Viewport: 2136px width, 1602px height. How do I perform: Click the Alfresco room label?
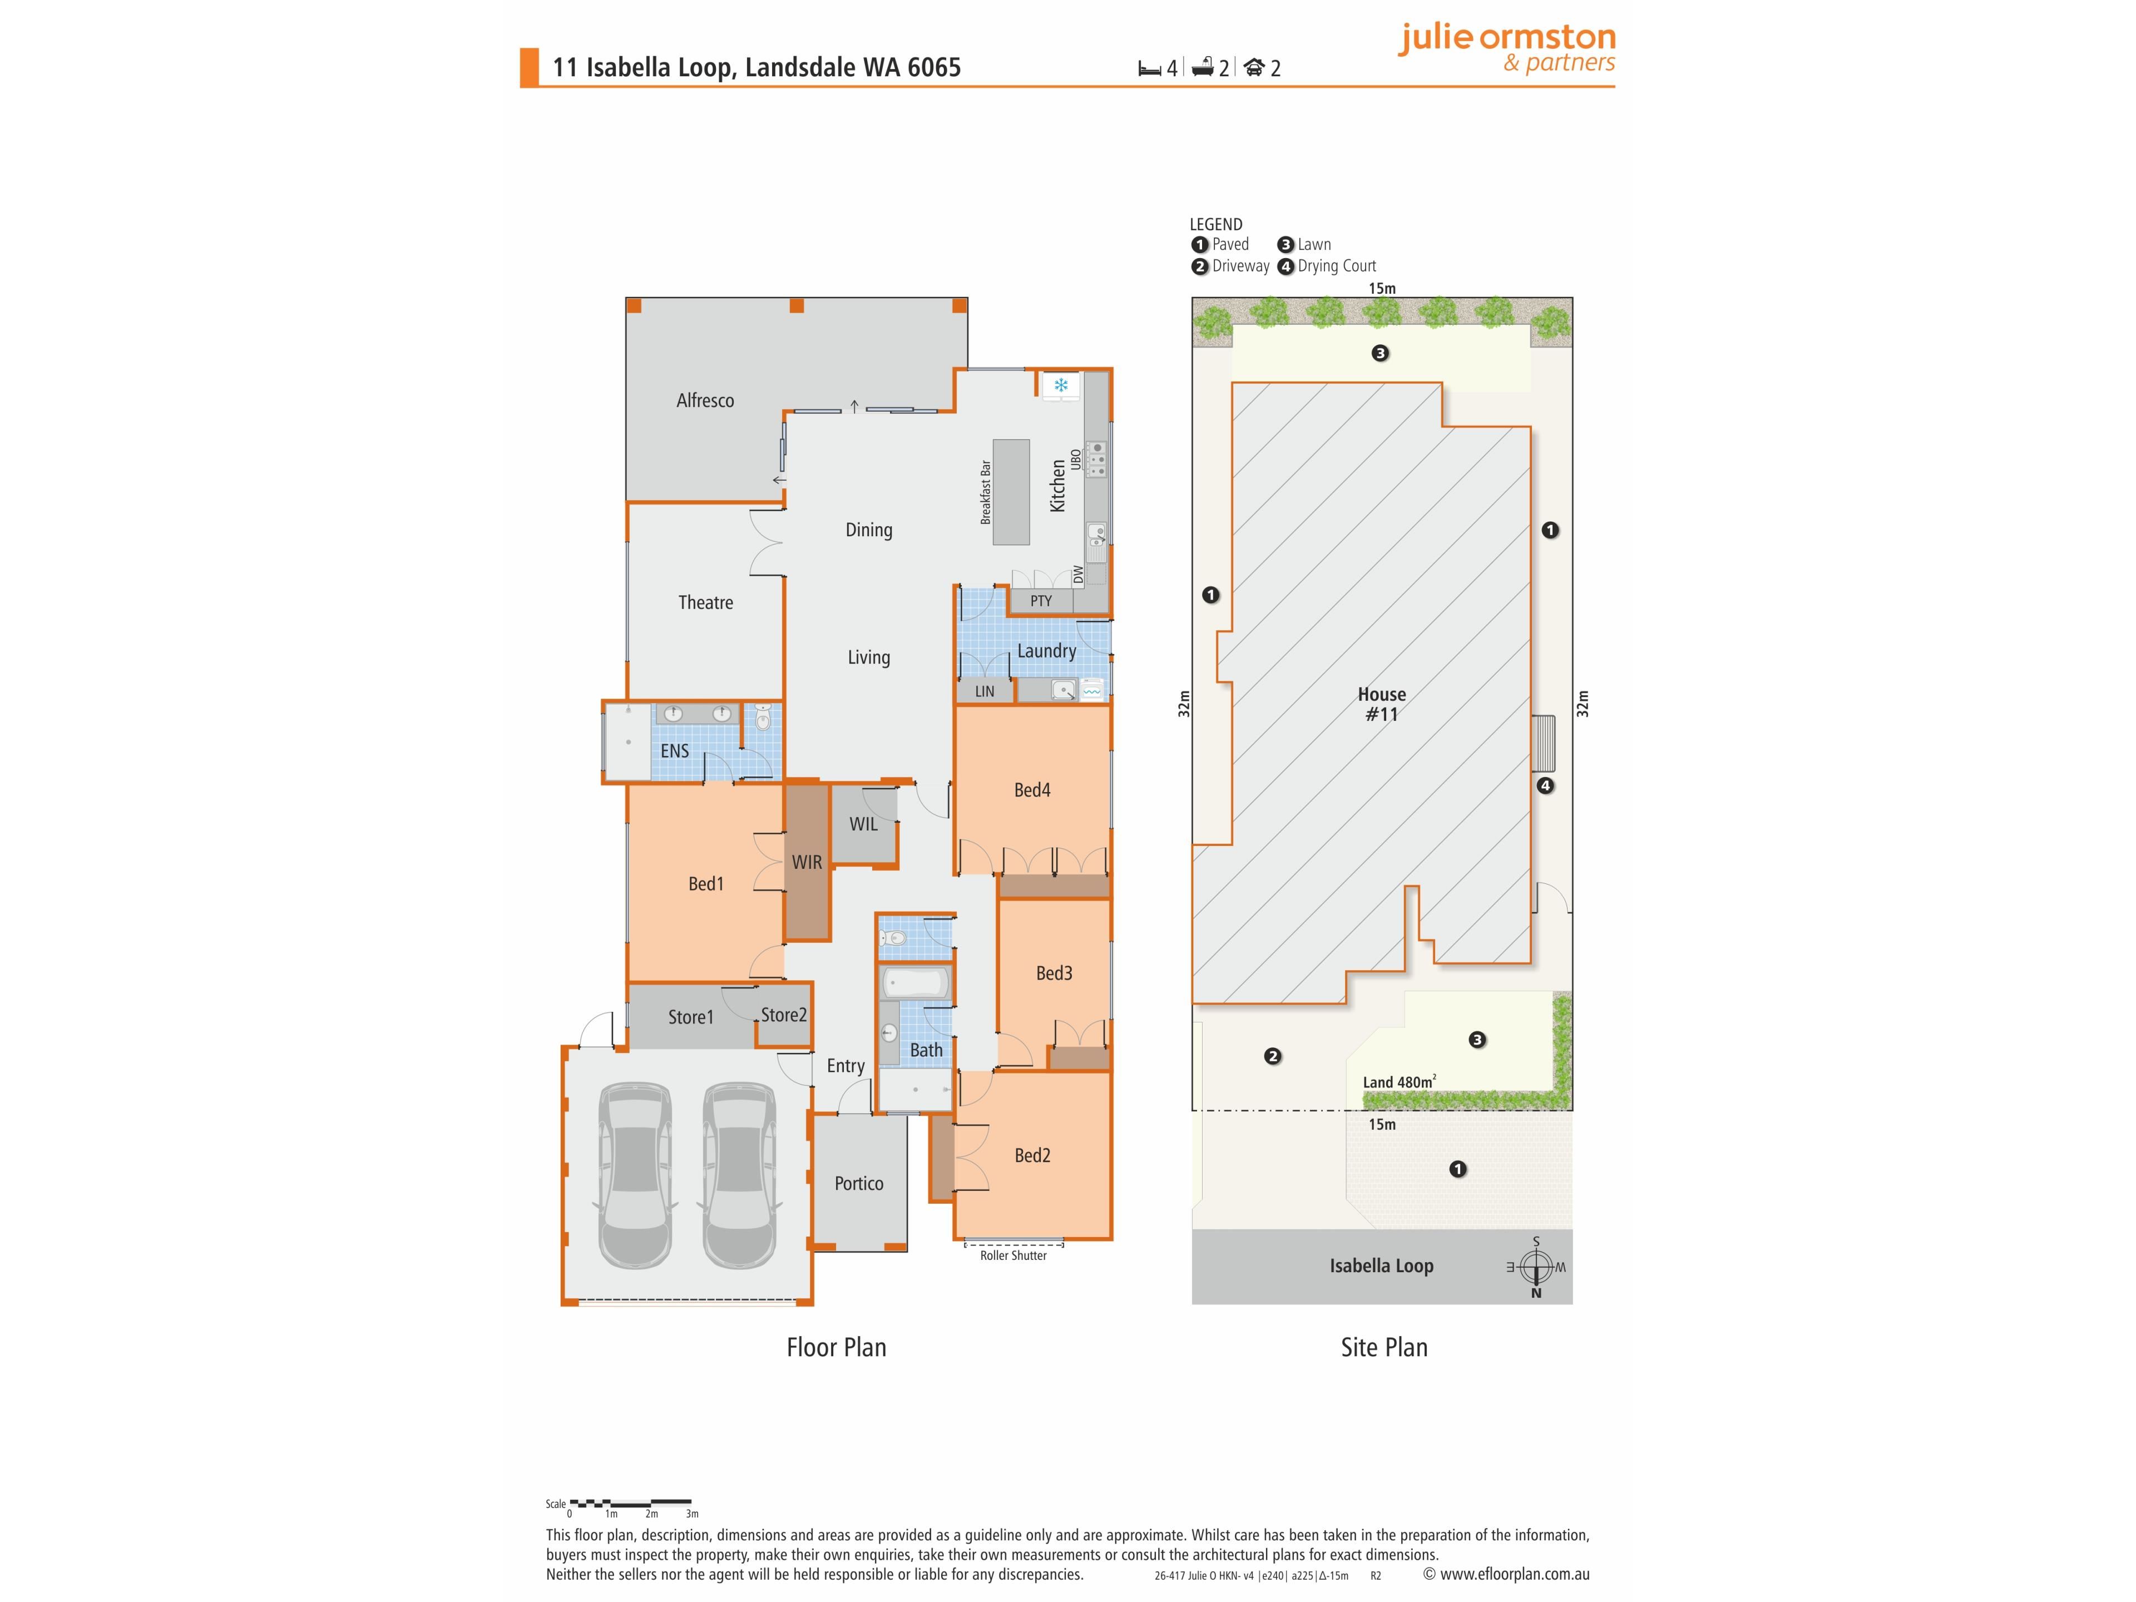705,400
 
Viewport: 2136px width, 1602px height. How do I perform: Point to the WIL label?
863,824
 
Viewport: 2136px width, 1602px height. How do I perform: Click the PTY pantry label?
1040,601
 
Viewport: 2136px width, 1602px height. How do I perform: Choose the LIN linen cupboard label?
984,691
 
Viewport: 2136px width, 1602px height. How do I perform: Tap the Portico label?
858,1183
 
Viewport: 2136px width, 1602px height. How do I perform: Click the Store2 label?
783,1014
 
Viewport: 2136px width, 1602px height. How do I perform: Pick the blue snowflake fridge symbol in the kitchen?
1060,386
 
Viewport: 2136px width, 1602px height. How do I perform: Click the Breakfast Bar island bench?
1011,492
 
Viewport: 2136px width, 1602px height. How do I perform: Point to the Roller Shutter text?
1013,1255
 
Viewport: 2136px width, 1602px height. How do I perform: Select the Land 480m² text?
1399,1081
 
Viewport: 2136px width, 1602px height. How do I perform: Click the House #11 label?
1382,704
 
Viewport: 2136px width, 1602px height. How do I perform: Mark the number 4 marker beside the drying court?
1545,785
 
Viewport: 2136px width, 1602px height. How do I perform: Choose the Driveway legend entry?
1230,265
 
